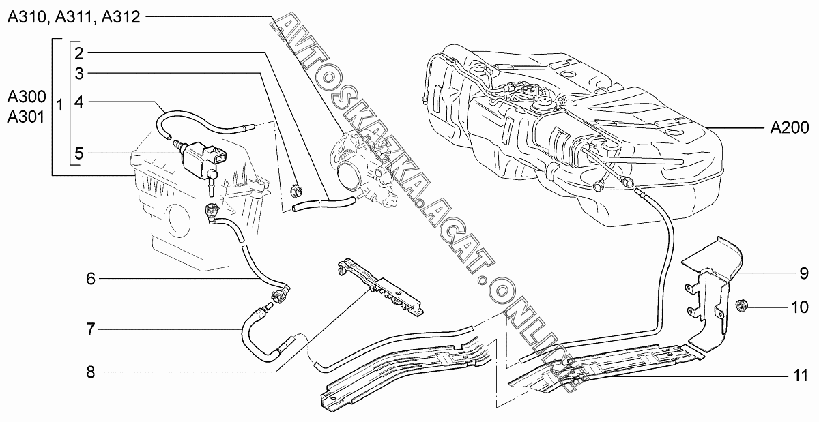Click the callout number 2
coord(80,53)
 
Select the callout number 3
coord(80,72)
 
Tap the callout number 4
coord(80,103)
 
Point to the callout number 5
coord(80,153)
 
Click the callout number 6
coord(91,278)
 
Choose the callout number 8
coord(91,372)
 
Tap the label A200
coord(790,127)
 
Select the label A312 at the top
coord(120,18)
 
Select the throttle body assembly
coord(362,167)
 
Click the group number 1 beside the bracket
coord(60,106)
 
